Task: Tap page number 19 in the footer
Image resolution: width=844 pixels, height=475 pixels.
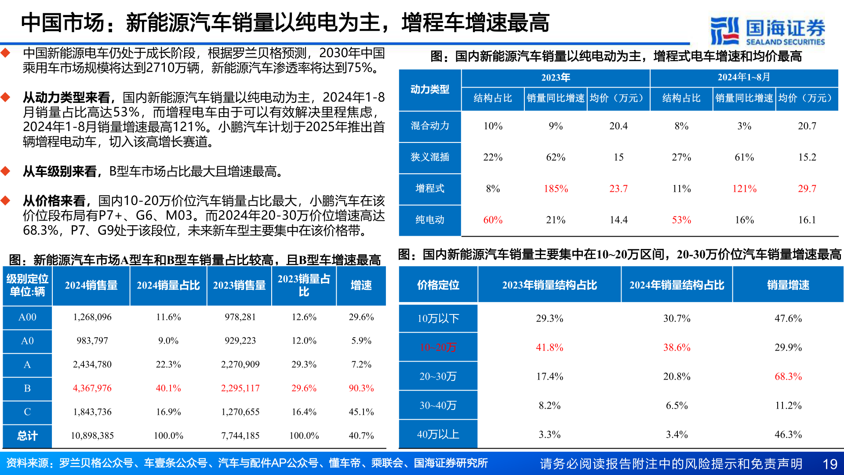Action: pyautogui.click(x=829, y=464)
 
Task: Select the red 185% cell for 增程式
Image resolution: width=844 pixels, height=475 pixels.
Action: pyautogui.click(x=556, y=189)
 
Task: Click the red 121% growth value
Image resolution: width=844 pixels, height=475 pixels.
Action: pyautogui.click(x=744, y=189)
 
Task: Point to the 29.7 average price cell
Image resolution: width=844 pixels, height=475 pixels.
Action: pyautogui.click(x=807, y=189)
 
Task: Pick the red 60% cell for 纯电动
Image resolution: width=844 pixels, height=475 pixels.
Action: pyautogui.click(x=493, y=220)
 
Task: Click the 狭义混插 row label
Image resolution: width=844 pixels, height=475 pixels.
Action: pyautogui.click(x=429, y=157)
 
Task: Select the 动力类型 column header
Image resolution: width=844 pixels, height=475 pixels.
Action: pyautogui.click(x=429, y=89)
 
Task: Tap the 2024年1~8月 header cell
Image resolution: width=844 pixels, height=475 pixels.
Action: pyautogui.click(x=744, y=77)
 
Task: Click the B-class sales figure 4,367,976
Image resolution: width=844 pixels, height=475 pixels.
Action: pyautogui.click(x=92, y=388)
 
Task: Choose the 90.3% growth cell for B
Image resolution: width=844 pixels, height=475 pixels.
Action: pyautogui.click(x=361, y=388)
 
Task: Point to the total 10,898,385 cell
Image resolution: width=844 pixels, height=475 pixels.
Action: pyautogui.click(x=92, y=436)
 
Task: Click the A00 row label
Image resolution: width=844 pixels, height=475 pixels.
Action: pyautogui.click(x=27, y=317)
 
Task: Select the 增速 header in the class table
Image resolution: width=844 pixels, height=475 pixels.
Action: pyautogui.click(x=361, y=285)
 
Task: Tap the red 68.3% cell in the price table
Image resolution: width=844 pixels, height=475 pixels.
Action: pyautogui.click(x=788, y=376)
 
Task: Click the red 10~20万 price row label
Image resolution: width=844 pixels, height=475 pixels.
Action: pyautogui.click(x=438, y=347)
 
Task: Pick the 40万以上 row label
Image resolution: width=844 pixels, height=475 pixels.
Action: pyautogui.click(x=438, y=435)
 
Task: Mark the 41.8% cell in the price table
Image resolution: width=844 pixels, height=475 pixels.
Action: pyautogui.click(x=549, y=347)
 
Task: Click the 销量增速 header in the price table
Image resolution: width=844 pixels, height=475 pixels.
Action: pyautogui.click(x=788, y=285)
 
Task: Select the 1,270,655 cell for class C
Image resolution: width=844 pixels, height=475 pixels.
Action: pyautogui.click(x=240, y=412)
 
